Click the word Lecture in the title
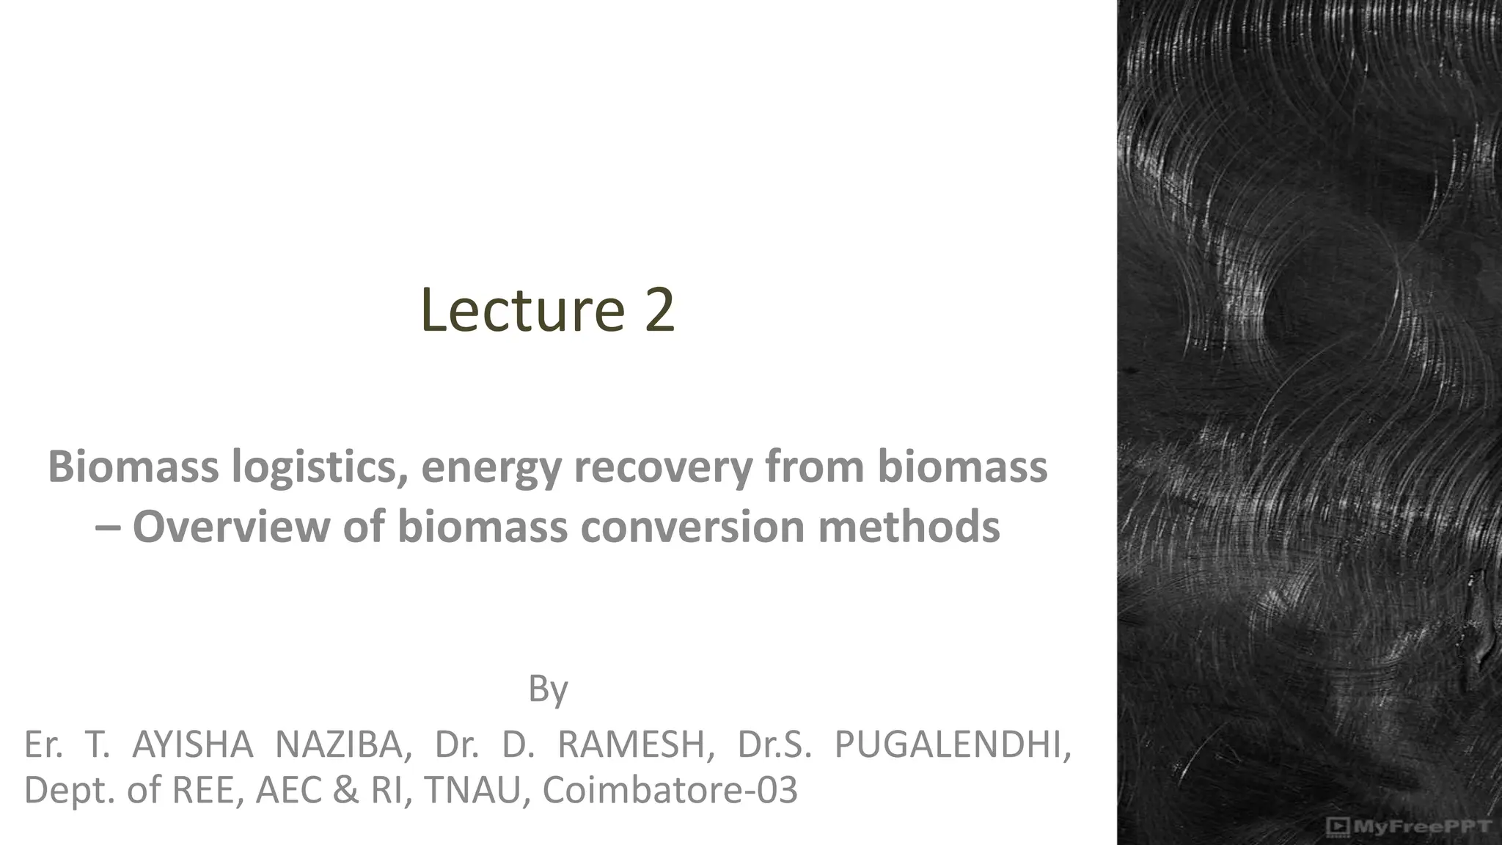522,310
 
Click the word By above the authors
548,689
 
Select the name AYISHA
192,745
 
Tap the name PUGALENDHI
953,745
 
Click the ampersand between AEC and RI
345,790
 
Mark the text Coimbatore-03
670,790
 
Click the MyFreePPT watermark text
1421,827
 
